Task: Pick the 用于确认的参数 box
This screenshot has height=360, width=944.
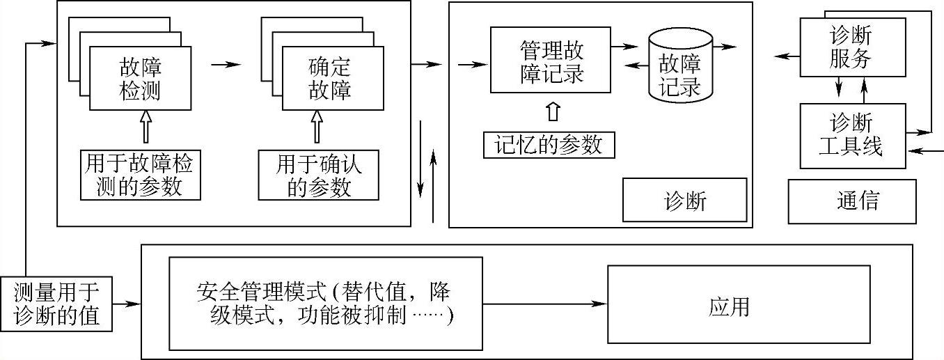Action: click(x=319, y=175)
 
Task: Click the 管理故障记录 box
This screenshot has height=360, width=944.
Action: click(x=551, y=61)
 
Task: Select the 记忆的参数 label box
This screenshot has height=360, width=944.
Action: click(x=549, y=145)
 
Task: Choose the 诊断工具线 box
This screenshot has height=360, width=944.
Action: click(x=853, y=136)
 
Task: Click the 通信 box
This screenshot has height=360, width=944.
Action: click(x=852, y=201)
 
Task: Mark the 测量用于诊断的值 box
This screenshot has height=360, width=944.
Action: click(x=56, y=305)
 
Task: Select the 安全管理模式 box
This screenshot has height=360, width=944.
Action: click(x=326, y=304)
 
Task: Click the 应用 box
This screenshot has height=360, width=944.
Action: click(x=729, y=305)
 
